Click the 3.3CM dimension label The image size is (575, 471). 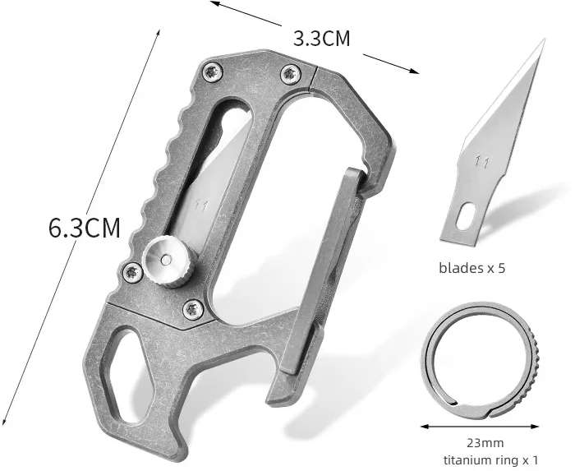pyautogui.click(x=322, y=39)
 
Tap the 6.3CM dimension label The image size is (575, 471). pyautogui.click(x=85, y=228)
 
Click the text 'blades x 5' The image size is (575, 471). pyautogui.click(x=472, y=268)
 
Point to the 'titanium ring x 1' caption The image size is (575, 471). pyautogui.click(x=490, y=459)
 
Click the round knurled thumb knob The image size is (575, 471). pyautogui.click(x=166, y=261)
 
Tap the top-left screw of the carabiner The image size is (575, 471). pyautogui.click(x=212, y=72)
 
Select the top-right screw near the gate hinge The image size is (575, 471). pyautogui.click(x=291, y=74)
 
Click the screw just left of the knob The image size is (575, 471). pyautogui.click(x=132, y=273)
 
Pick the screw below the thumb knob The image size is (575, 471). pyautogui.click(x=193, y=310)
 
